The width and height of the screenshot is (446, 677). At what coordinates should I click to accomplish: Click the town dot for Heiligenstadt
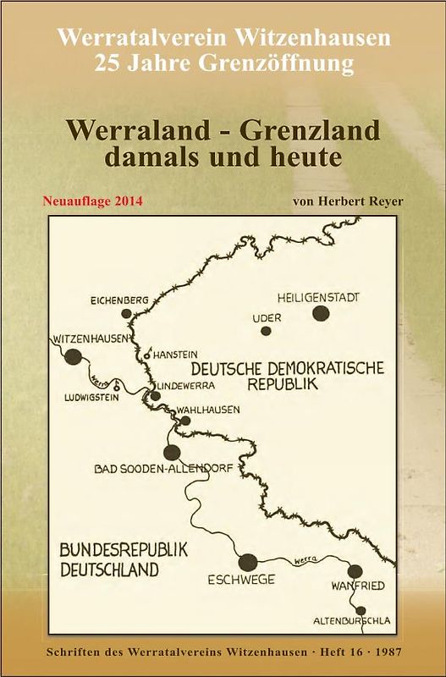pyautogui.click(x=321, y=314)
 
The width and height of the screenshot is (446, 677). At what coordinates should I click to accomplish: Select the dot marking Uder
pyautogui.click(x=266, y=331)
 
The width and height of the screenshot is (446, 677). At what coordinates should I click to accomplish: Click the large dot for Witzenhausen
pyautogui.click(x=74, y=356)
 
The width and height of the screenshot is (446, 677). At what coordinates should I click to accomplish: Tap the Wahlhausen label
pyautogui.click(x=208, y=410)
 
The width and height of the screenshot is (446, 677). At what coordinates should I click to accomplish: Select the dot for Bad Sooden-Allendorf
pyautogui.click(x=172, y=452)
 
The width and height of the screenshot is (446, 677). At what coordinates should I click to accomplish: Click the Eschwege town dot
pyautogui.click(x=248, y=560)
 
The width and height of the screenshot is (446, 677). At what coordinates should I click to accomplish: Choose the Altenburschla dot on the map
pyautogui.click(x=361, y=610)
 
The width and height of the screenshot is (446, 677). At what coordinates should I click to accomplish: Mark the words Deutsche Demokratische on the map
pyautogui.click(x=288, y=367)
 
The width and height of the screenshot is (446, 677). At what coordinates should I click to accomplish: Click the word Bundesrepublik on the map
pyautogui.click(x=124, y=549)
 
